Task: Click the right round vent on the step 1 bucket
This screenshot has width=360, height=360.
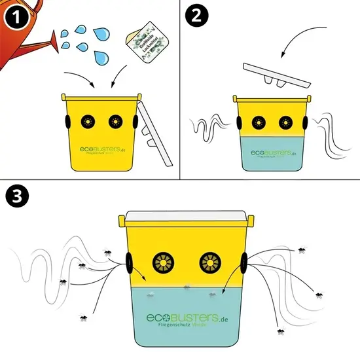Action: pyautogui.click(x=115, y=122)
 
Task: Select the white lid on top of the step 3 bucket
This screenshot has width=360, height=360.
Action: pyautogui.click(x=185, y=217)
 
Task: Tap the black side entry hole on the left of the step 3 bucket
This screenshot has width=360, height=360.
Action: pyautogui.click(x=130, y=263)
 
